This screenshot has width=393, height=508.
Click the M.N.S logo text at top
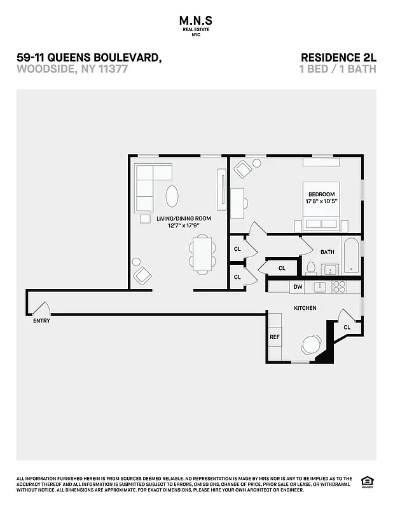point(196,21)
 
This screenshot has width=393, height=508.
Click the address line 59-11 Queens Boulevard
point(88,58)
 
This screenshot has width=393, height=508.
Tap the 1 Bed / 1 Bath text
point(337,69)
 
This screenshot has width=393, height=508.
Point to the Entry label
point(41,321)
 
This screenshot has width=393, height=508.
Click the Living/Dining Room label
point(184,218)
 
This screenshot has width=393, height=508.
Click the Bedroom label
point(321,194)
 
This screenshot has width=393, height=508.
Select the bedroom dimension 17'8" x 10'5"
point(321,201)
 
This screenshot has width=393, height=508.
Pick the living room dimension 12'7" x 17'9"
point(184,225)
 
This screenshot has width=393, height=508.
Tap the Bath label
point(327,252)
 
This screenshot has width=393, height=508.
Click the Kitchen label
point(305,308)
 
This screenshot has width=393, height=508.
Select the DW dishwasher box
point(297,287)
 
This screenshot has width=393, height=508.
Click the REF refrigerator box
point(275,337)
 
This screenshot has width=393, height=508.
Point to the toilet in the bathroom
point(310,267)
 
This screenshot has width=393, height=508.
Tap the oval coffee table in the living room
point(172,196)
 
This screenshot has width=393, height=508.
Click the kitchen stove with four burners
point(339,287)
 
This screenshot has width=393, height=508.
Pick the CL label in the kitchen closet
point(347,327)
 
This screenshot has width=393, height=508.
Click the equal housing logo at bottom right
point(366,481)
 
